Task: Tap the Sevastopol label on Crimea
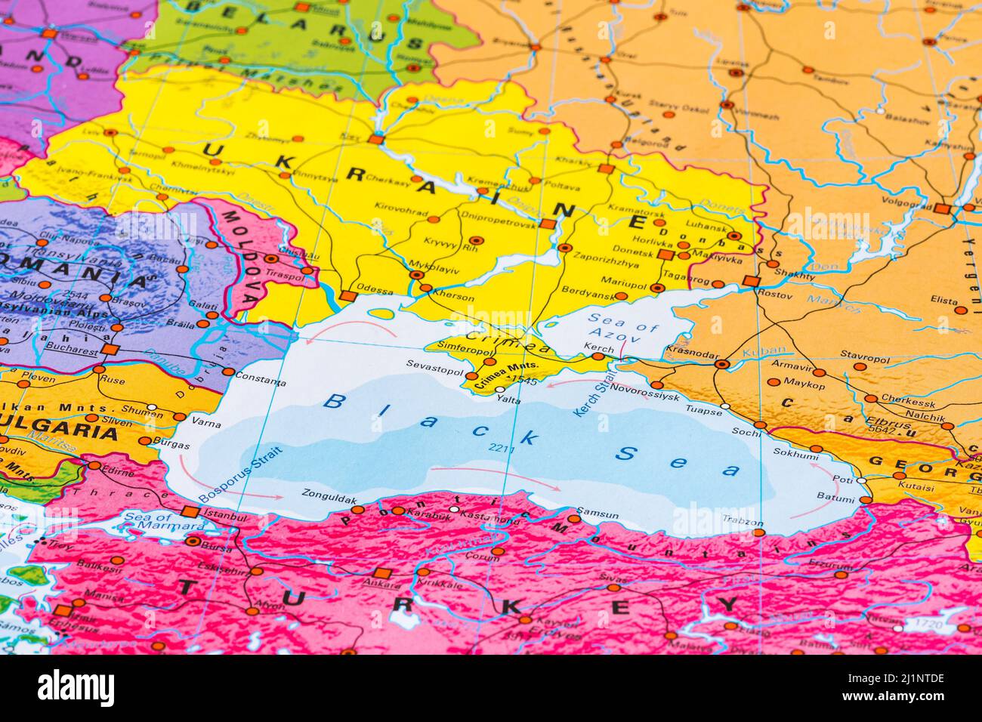434,363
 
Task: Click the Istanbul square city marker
190,512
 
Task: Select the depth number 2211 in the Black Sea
500,450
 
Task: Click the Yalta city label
508,400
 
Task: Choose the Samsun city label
598,514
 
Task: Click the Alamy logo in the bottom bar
76,688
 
